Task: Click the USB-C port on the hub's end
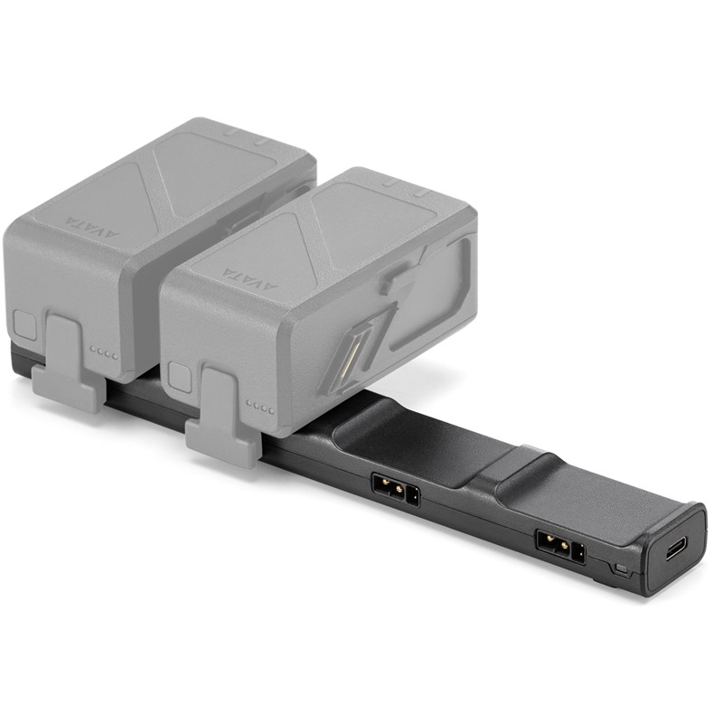[x=674, y=555]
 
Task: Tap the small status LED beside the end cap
[x=622, y=568]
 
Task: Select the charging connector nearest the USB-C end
[x=560, y=548]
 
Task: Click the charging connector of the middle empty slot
[x=396, y=490]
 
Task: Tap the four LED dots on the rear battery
[x=104, y=353]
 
